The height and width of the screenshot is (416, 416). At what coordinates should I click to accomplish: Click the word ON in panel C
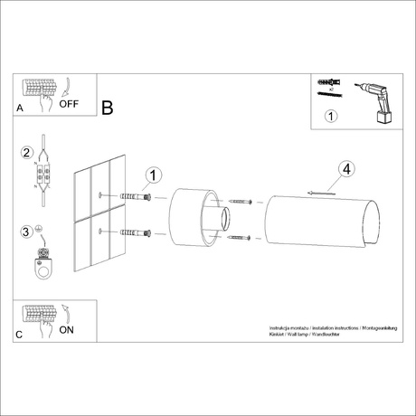(67, 330)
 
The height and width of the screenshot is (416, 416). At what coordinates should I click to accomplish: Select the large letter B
(107, 109)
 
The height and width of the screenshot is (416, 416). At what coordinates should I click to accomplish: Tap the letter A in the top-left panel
(20, 108)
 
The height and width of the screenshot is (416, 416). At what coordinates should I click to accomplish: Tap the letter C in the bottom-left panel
(20, 335)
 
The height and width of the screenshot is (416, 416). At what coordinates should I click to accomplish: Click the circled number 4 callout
(346, 169)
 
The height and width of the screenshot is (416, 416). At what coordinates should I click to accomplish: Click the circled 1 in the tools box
(330, 116)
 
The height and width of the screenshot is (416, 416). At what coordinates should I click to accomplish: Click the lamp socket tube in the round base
(222, 218)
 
